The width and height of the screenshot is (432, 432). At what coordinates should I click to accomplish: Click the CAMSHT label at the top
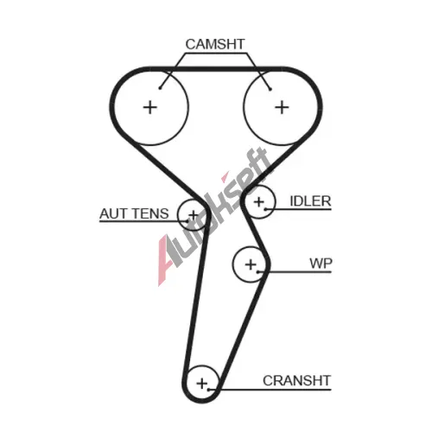click(215, 44)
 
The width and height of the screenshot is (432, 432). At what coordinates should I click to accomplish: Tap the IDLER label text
click(310, 201)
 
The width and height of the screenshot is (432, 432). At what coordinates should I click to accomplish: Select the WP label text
click(321, 264)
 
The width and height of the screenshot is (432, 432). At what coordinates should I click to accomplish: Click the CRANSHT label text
click(296, 380)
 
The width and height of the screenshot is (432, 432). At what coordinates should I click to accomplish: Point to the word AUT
click(112, 213)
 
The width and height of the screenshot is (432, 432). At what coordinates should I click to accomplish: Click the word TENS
click(150, 213)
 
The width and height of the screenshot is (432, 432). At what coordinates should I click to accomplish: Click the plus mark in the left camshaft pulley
click(150, 108)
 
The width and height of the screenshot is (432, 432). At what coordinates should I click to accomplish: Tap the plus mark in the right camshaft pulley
click(282, 108)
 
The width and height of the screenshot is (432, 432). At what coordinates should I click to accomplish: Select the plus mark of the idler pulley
click(259, 202)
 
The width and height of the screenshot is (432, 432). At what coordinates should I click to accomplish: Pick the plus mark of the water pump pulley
click(251, 264)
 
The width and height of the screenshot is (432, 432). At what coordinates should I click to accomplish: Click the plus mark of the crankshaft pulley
click(202, 384)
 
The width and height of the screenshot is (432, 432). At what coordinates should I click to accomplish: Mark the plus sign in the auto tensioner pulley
click(194, 215)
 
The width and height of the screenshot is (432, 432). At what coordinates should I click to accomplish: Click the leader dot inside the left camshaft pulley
click(160, 88)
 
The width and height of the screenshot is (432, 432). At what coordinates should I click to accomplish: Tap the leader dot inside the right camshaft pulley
click(270, 89)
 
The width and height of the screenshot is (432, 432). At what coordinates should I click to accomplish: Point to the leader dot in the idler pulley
click(265, 209)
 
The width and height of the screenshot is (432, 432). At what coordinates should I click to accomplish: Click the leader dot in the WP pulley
click(258, 271)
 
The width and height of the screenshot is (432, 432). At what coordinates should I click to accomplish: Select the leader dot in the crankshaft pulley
click(208, 390)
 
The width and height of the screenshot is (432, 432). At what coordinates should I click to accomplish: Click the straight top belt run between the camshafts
click(216, 69)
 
